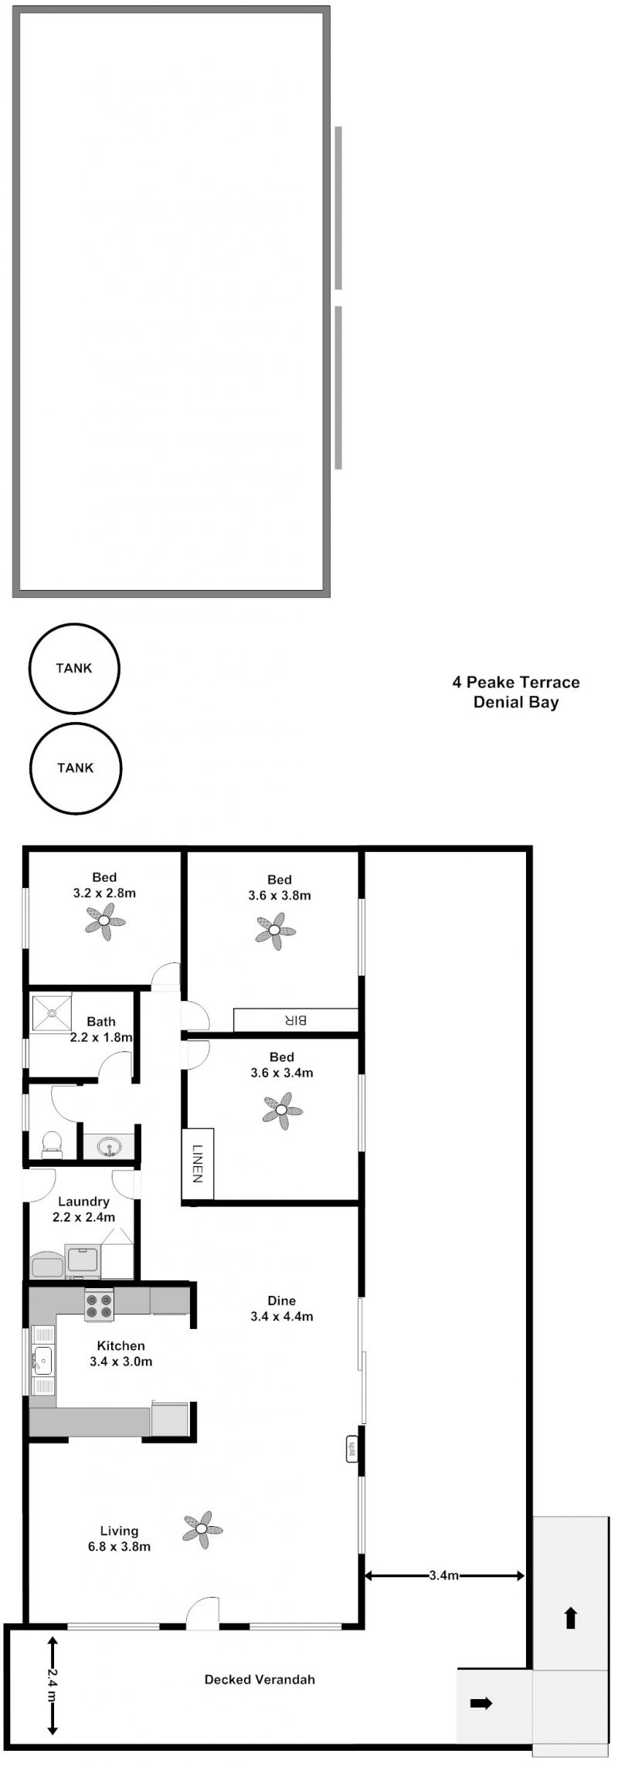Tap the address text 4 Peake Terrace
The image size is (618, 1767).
click(516, 682)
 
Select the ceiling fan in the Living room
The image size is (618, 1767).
click(202, 1529)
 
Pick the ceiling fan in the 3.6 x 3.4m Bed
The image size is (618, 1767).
click(282, 1111)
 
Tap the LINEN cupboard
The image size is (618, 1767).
click(198, 1164)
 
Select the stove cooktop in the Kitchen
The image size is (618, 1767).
click(99, 1305)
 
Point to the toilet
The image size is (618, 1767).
click(52, 1144)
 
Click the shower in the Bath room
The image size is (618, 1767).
click(51, 1012)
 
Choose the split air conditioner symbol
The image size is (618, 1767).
click(351, 1448)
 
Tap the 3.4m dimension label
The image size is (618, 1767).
click(444, 1575)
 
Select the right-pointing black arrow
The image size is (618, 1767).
click(481, 1703)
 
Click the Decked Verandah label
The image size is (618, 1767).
click(260, 1679)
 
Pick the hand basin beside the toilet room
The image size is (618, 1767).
click(109, 1146)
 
